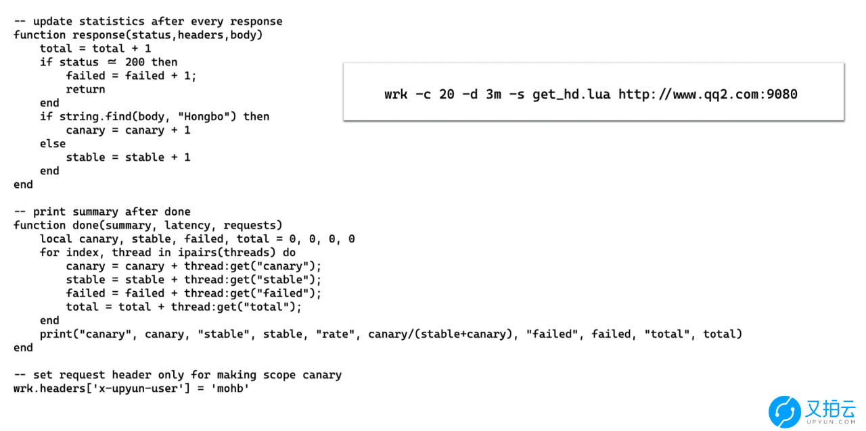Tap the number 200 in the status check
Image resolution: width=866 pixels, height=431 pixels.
(x=135, y=62)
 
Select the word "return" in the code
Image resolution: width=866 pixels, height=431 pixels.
(x=85, y=90)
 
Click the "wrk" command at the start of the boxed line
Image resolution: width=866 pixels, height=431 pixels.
(x=396, y=94)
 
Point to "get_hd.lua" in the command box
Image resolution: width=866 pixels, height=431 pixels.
(x=572, y=95)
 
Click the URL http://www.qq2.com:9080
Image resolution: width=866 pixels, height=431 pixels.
(x=708, y=95)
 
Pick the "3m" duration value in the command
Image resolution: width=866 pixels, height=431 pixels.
(x=493, y=94)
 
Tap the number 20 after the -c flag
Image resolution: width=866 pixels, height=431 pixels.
(x=447, y=94)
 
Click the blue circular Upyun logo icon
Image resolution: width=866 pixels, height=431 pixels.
(x=784, y=411)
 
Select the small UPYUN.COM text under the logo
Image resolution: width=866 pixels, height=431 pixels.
(x=831, y=422)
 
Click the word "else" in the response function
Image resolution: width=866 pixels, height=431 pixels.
(x=53, y=144)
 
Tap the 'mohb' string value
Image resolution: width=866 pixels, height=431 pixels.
(x=230, y=388)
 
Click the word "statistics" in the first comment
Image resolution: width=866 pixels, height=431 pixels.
(x=112, y=21)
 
